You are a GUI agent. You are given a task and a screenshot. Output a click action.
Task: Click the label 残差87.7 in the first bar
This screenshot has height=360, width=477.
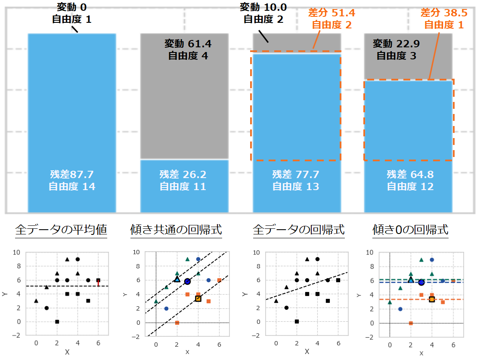(72, 175)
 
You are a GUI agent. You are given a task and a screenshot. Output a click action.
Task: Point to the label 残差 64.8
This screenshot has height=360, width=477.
(410, 175)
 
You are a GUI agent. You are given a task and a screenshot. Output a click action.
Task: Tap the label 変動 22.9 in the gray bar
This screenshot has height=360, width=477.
(396, 43)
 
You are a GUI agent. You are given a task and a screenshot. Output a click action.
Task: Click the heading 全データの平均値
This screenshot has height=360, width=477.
(61, 230)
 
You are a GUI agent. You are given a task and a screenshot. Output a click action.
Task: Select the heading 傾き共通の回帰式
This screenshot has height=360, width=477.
(176, 230)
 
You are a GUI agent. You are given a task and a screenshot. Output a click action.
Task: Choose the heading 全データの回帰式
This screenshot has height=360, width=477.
(299, 230)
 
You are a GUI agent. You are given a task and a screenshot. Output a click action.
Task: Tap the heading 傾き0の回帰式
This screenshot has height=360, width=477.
(410, 230)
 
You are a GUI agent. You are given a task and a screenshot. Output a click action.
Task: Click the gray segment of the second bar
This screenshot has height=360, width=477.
(184, 108)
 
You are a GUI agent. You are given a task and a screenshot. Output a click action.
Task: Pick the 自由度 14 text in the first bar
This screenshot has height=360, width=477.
(72, 187)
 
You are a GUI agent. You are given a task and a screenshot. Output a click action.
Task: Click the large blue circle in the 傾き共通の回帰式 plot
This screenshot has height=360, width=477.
(187, 281)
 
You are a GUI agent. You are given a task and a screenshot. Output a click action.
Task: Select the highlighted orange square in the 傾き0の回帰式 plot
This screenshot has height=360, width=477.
(432, 299)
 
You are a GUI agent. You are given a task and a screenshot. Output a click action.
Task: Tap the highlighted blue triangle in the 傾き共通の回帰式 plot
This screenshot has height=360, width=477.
(177, 279)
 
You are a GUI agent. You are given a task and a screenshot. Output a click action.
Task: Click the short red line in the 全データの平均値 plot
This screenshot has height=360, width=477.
(98, 283)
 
